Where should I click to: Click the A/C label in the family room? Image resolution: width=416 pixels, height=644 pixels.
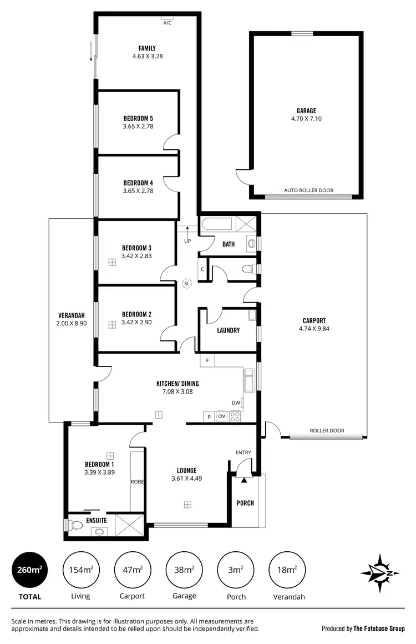(167, 23)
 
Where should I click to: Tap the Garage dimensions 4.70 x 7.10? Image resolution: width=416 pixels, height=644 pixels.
(306, 119)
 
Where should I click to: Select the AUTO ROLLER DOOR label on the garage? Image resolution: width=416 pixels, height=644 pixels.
(308, 190)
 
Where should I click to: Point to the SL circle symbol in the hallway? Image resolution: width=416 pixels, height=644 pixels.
(187, 283)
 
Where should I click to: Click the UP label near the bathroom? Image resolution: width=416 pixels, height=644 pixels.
(187, 241)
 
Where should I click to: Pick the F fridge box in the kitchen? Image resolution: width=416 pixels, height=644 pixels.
(207, 360)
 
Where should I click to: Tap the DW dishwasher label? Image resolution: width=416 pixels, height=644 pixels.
(236, 403)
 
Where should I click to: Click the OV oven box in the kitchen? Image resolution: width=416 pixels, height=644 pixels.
(221, 416)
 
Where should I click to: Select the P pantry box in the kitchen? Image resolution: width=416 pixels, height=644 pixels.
(209, 416)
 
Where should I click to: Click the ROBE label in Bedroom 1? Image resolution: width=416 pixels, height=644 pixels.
(137, 482)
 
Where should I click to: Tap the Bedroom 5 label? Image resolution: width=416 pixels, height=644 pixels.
(138, 118)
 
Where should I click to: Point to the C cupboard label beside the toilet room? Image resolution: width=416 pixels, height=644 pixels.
(202, 269)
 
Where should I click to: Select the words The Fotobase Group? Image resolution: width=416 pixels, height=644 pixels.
(379, 628)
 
